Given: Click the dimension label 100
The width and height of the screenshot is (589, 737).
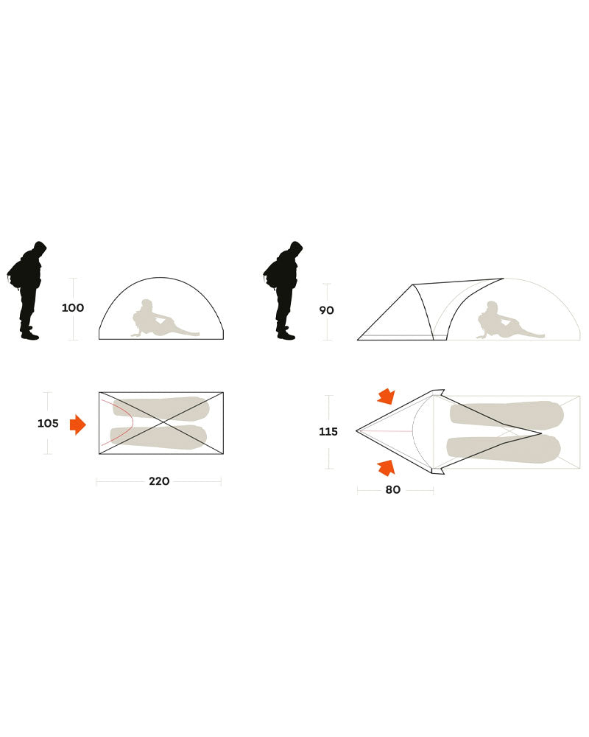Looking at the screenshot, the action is (x=73, y=308).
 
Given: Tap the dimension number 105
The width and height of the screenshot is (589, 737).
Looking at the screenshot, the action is (x=48, y=424).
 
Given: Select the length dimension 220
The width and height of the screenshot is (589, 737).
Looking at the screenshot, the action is (x=159, y=481).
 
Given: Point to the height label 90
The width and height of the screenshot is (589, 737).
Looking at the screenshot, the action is (x=326, y=310).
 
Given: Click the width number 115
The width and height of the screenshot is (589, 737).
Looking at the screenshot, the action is (x=328, y=431).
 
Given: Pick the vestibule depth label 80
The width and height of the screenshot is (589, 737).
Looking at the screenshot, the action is (x=392, y=490).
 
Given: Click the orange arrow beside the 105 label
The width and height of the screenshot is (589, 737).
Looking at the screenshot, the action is (x=78, y=425).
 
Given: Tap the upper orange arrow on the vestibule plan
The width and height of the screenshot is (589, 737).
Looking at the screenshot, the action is (x=386, y=397).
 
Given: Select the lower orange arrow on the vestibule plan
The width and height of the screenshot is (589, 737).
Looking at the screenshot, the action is (x=386, y=468).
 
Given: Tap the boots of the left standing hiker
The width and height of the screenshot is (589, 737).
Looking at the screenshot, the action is (x=29, y=333).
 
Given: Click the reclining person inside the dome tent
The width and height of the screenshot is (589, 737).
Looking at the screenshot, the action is (x=160, y=321).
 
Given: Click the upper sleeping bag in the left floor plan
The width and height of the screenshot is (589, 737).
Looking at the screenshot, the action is (x=161, y=409).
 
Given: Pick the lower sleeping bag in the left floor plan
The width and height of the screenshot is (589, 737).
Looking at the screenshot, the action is (x=158, y=437).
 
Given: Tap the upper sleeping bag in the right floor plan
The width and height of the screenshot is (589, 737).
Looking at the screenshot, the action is (x=507, y=415).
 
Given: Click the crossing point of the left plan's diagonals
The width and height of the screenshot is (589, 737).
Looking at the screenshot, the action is (x=161, y=423).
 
